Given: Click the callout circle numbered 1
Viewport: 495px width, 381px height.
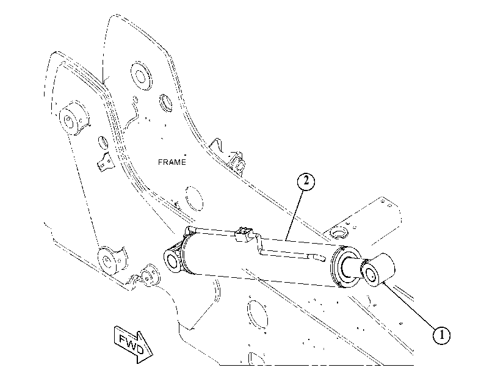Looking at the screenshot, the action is pos(441,335).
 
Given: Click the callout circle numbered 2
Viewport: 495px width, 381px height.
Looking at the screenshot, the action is pos(306,182).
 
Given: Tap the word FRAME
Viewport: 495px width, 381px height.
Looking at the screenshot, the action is pos(172,162).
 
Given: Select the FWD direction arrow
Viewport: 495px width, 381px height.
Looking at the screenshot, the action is pos(133,344).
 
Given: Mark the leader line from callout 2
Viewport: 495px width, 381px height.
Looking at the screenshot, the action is pos(294,216).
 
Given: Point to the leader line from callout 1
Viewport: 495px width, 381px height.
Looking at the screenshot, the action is pos(410,307).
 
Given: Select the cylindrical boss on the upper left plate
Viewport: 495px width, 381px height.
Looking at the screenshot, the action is pos(74,118).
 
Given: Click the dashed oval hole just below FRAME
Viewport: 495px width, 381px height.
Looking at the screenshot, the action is pos(194,198).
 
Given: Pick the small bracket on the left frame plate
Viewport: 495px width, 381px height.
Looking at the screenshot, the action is pos(105,162).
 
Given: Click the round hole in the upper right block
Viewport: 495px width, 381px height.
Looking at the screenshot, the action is pos(338,234).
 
